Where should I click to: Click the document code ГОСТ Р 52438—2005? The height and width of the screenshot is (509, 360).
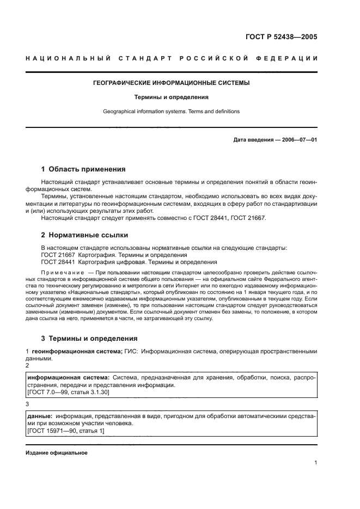[x=281, y=37]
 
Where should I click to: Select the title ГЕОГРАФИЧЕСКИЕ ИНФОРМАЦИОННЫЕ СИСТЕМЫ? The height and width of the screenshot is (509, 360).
[x=180, y=84]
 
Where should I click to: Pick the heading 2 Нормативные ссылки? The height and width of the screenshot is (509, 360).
[x=84, y=235]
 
